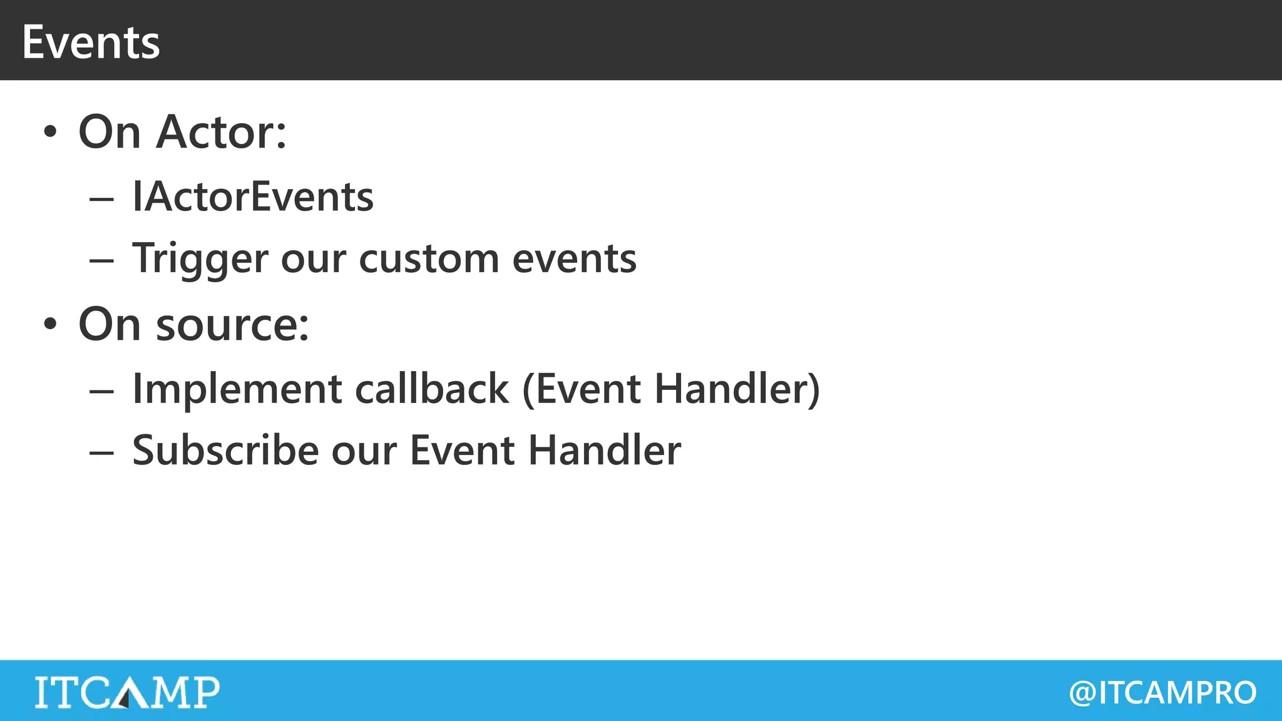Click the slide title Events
click(x=91, y=43)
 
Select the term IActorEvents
click(x=253, y=197)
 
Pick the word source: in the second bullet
click(x=232, y=325)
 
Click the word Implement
click(x=237, y=389)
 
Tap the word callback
click(x=432, y=389)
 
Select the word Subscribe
click(x=225, y=450)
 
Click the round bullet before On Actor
click(x=50, y=132)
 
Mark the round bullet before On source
click(x=50, y=325)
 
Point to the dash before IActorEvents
click(x=101, y=199)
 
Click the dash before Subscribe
click(x=101, y=452)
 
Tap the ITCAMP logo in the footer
click(x=127, y=692)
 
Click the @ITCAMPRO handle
click(x=1162, y=693)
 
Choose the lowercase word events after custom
click(x=574, y=259)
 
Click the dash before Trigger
click(x=101, y=261)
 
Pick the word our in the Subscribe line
click(x=364, y=451)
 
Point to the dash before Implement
click(x=101, y=391)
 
